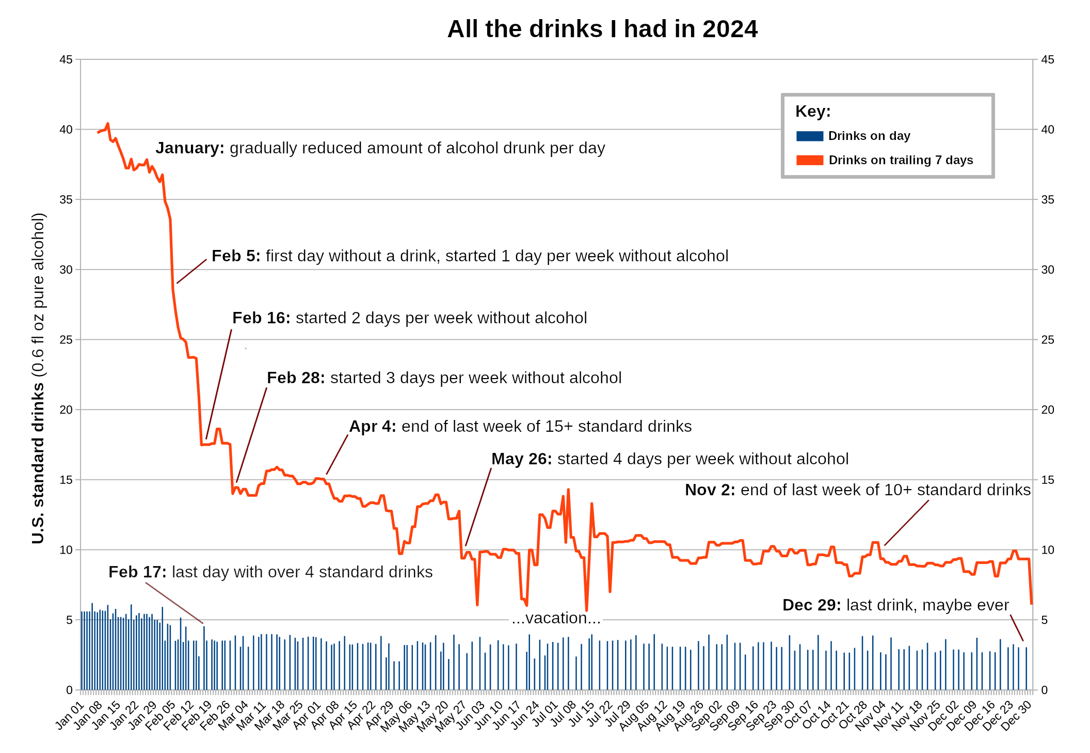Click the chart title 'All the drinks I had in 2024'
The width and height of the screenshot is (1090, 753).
[x=602, y=29]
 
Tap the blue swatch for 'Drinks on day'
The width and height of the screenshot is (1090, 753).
[x=809, y=136]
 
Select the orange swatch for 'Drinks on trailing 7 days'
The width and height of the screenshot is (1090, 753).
[x=809, y=160]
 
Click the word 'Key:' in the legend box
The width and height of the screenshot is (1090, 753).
[x=813, y=111]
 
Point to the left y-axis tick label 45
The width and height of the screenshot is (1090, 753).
[x=66, y=59]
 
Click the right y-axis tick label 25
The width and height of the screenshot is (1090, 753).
[x=1047, y=340]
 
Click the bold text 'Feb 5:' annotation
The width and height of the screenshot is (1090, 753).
[x=236, y=256]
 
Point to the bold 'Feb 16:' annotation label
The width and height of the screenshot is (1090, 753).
[x=261, y=318]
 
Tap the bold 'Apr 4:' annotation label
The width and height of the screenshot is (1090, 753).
[x=373, y=427]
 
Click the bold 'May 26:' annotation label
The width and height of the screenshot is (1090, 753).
[x=521, y=459]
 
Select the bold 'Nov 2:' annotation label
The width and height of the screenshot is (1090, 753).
[x=710, y=490]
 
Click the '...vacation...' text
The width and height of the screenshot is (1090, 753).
[x=556, y=618]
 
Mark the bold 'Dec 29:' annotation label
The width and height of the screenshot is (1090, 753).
[x=811, y=605]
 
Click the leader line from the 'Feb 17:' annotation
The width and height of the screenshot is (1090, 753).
[x=174, y=603]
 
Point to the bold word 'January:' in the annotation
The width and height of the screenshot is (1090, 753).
[x=190, y=148]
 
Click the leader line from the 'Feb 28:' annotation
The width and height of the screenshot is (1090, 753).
[x=252, y=434]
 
